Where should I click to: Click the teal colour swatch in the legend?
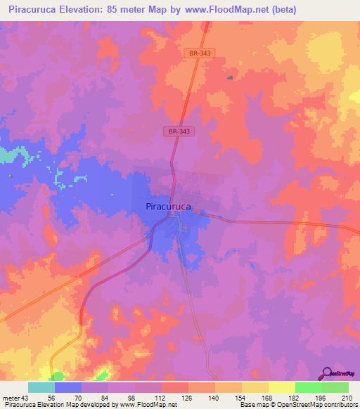pyautogui.click(x=41, y=388)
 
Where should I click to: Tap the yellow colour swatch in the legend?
pyautogui.click(x=282, y=388)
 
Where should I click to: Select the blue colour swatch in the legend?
pyautogui.click(x=68, y=388)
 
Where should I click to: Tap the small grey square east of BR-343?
pyautogui.click(x=229, y=77)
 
